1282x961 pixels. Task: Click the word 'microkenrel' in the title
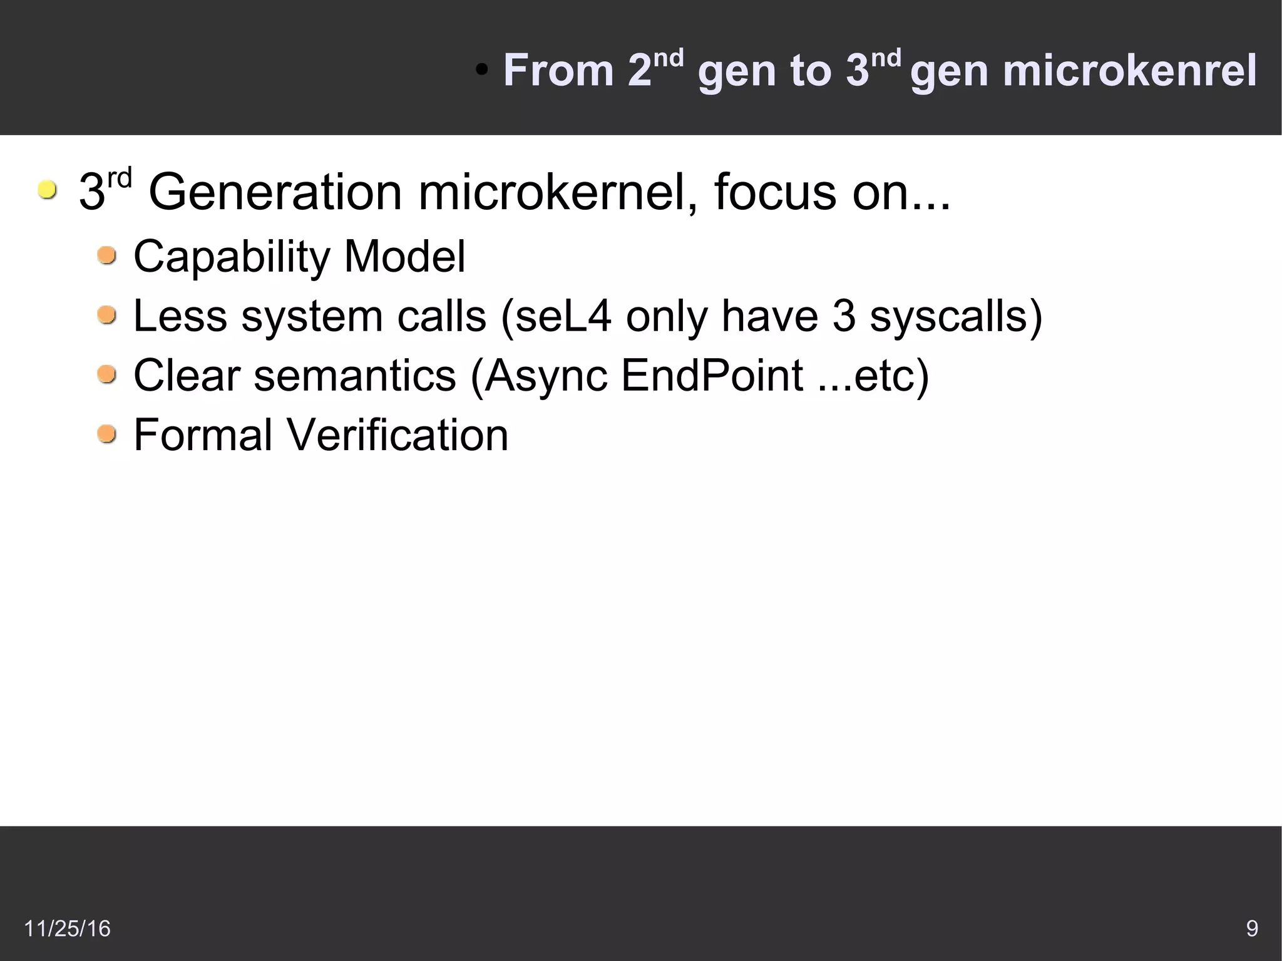1129,71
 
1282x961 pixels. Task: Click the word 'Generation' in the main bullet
275,192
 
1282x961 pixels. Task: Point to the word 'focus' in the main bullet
775,192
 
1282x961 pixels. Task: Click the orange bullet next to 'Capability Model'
107,255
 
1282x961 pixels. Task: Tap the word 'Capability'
232,257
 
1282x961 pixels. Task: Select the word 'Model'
404,257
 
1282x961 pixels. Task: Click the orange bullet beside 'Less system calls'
107,314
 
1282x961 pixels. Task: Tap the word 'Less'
180,316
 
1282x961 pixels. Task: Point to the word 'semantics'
355,376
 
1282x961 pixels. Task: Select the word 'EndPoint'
712,376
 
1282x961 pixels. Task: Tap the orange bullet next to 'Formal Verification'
107,433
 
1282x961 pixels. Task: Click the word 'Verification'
397,435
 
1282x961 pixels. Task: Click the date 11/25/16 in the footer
67,928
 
